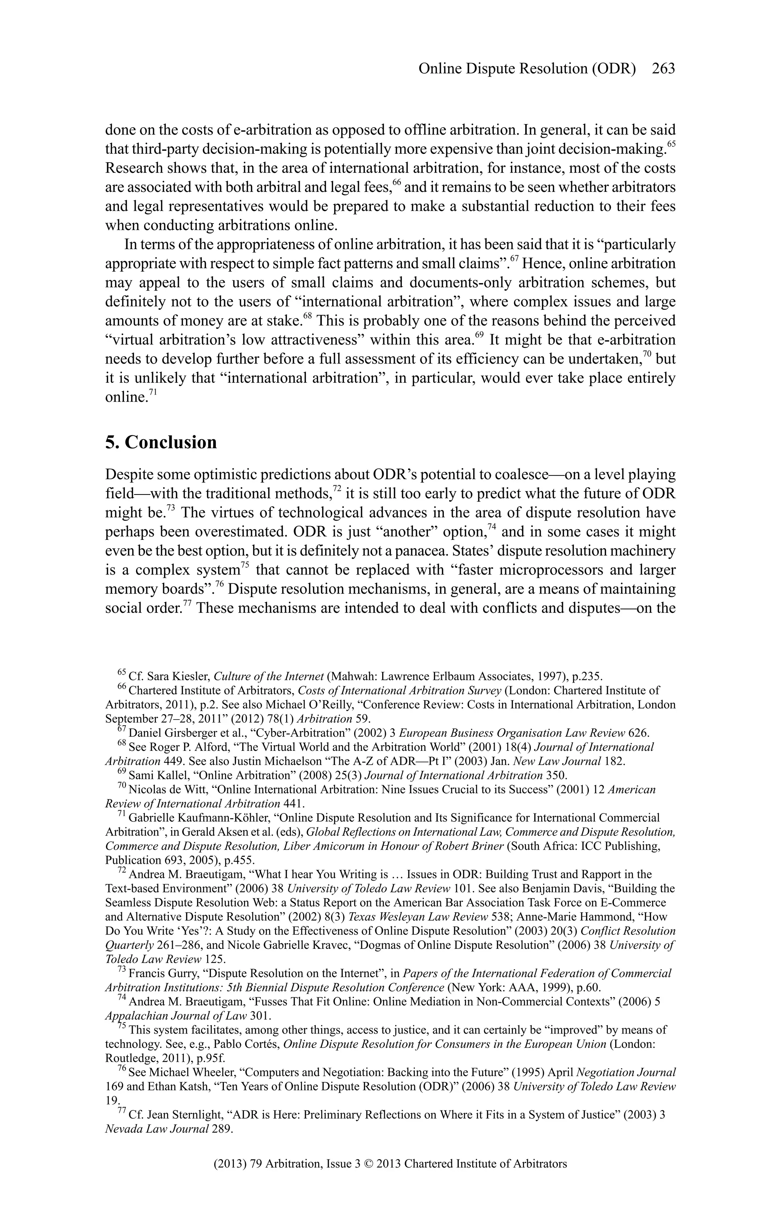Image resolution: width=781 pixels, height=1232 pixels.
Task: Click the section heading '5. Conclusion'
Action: pos(161,442)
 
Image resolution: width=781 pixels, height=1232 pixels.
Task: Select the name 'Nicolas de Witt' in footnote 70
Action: pos(166,789)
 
